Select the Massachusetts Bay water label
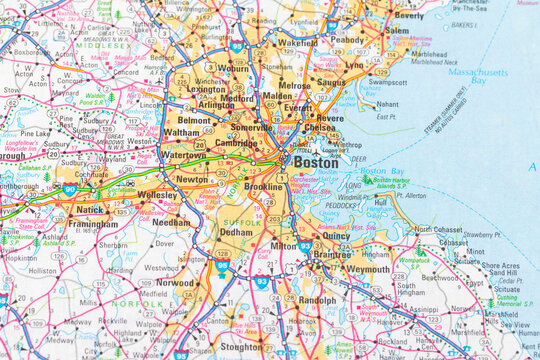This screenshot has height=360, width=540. click(478, 75)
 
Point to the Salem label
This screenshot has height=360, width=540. click(397, 31)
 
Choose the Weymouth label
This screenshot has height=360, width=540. click(369, 270)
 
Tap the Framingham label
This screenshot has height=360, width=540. click(92, 225)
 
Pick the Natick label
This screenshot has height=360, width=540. click(89, 211)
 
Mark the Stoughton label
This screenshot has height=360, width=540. click(240, 347)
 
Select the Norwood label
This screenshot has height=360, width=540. click(175, 283)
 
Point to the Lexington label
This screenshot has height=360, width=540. click(206, 89)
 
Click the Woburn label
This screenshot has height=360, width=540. click(232, 68)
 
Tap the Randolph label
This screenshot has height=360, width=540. click(317, 300)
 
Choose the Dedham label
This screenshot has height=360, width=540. click(237, 232)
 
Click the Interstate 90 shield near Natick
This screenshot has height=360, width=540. click(69, 187)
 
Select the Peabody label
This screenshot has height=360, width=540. click(347, 40)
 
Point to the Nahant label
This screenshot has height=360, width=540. click(387, 104)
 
